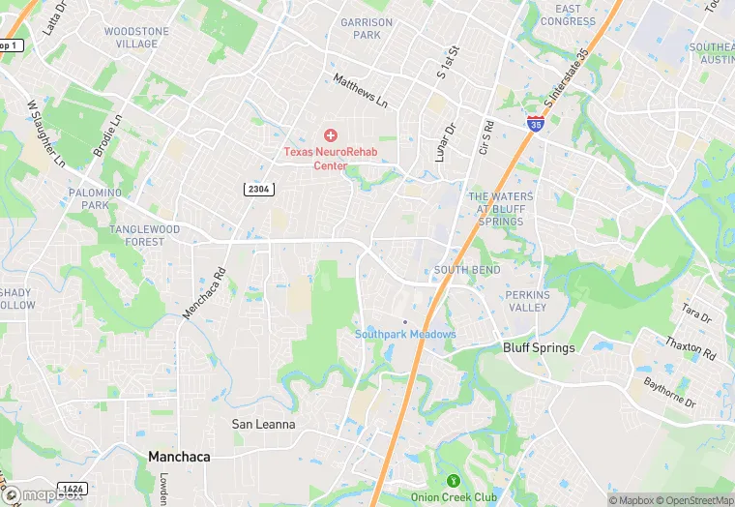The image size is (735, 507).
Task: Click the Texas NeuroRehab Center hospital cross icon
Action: (x=330, y=135)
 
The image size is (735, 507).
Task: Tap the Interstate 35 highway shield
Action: (x=536, y=123)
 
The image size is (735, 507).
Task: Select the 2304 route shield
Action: (x=257, y=189)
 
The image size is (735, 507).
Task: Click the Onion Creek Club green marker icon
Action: (x=451, y=481)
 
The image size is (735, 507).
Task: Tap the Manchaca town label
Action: (x=179, y=456)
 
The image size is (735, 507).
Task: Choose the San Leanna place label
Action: (x=263, y=424)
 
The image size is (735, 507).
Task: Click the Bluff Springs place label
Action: (x=539, y=347)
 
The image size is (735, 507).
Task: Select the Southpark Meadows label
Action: (x=405, y=334)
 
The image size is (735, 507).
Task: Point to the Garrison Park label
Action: (x=367, y=28)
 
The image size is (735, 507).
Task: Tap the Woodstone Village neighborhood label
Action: (x=136, y=38)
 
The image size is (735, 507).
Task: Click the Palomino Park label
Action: (x=95, y=198)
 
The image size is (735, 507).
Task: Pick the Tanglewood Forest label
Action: (x=144, y=235)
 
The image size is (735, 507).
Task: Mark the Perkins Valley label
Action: (x=526, y=301)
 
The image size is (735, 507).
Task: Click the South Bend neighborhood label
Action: (x=467, y=270)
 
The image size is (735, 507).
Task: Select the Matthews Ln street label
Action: (x=360, y=91)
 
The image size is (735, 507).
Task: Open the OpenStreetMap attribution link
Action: (x=697, y=500)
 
